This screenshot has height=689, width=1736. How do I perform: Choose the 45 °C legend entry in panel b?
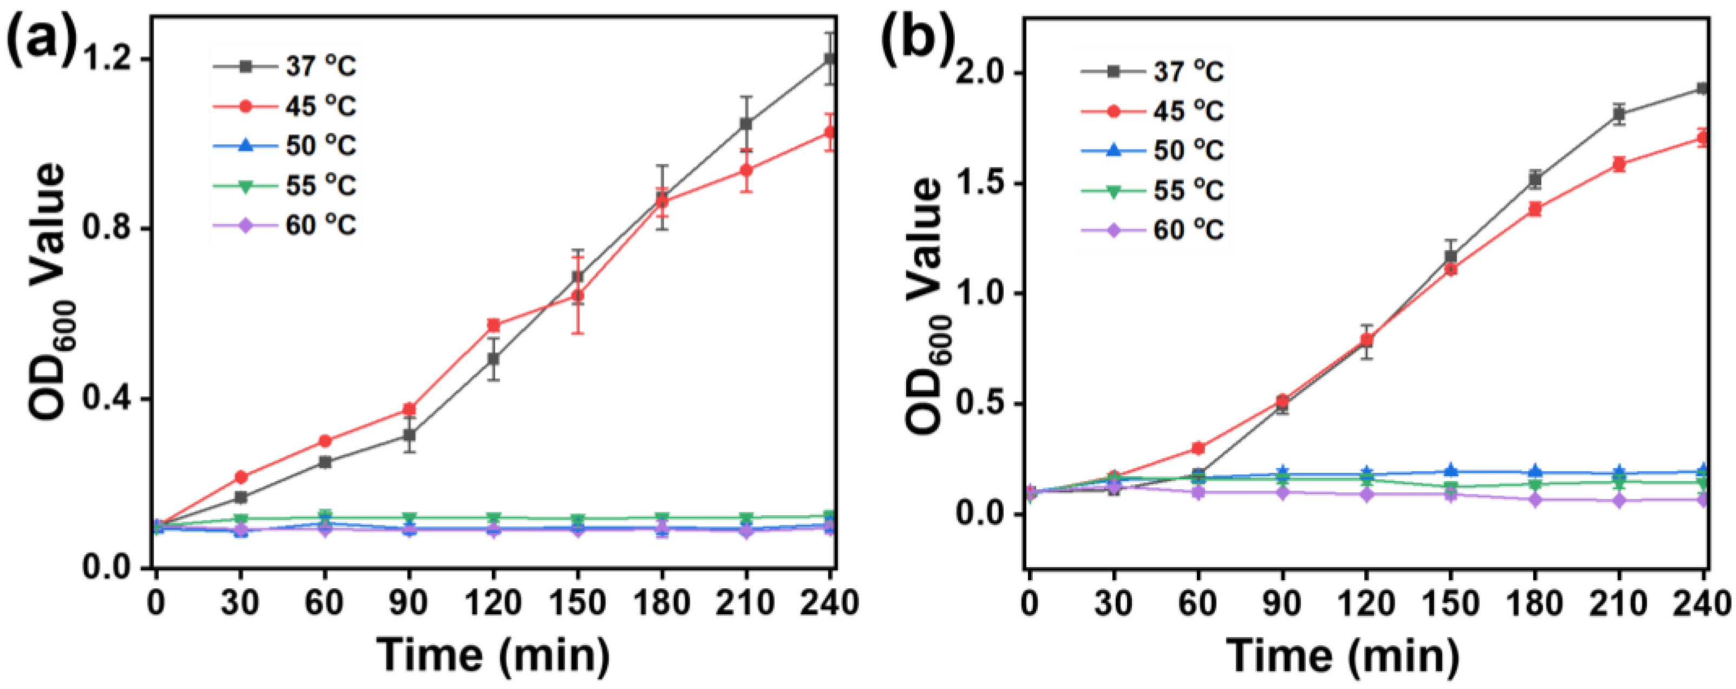[x=1153, y=110]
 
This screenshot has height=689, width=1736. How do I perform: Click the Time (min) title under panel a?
[x=493, y=654]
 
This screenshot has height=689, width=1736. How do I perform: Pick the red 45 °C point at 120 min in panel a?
[x=493, y=325]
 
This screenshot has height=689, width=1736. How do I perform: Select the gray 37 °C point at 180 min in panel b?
[x=1535, y=180]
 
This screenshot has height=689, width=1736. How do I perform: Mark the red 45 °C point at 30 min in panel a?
[x=240, y=477]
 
